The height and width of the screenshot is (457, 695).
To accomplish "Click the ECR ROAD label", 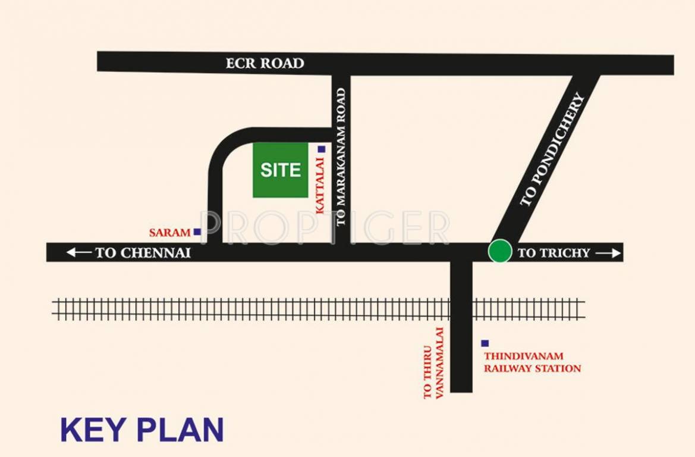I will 265,63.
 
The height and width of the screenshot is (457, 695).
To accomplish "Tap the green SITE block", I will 281,170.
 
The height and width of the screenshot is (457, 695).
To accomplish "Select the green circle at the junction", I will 500,251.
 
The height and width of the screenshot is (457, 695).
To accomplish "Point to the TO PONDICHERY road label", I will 552,150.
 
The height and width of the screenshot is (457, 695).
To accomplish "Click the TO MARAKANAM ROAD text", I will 341,157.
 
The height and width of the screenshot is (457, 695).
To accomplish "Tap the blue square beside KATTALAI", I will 321,149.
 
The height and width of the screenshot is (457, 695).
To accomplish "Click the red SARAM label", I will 170,233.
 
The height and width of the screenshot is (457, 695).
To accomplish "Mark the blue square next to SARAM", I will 197,232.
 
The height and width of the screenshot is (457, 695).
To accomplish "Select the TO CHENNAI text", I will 143,253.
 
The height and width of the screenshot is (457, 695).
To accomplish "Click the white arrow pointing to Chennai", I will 79,253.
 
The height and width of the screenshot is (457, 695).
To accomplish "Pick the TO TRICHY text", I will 554,253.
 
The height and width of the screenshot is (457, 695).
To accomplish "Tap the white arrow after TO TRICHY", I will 608,253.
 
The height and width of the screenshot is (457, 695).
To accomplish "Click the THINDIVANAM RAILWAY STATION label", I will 532,362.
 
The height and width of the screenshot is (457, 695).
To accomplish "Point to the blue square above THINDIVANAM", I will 485,343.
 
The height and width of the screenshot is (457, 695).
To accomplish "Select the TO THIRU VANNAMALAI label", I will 433,363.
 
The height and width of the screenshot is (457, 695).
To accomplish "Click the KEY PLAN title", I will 142,430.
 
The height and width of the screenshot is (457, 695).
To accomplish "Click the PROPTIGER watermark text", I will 325,228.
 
